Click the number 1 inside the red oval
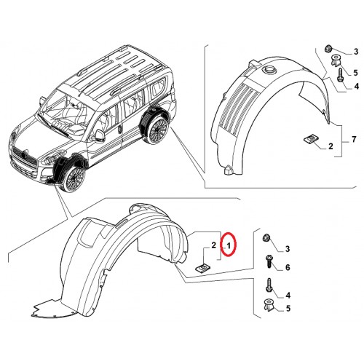pyautogui.click(x=229, y=246)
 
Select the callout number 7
pyautogui.click(x=354, y=139)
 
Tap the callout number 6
pyautogui.click(x=288, y=267)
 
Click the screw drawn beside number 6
pyautogui.click(x=269, y=261)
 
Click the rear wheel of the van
pyautogui.click(x=158, y=130)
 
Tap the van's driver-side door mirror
pyautogui.click(x=99, y=135)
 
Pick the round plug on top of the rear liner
pyautogui.click(x=269, y=69)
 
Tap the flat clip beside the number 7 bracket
pyautogui.click(x=310, y=140)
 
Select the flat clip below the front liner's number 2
pyautogui.click(x=203, y=269)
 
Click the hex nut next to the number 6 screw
pyautogui.click(x=266, y=237)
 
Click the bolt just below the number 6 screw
pyautogui.click(x=269, y=286)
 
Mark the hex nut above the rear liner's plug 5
pyautogui.click(x=328, y=49)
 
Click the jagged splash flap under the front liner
pyautogui.click(x=52, y=308)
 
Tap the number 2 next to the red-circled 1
pyautogui.click(x=213, y=245)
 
